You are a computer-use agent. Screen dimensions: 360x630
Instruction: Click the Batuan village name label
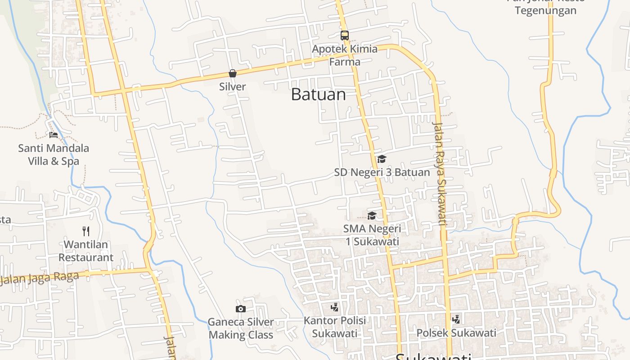(318, 94)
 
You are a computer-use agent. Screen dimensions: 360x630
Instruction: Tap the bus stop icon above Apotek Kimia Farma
(345, 35)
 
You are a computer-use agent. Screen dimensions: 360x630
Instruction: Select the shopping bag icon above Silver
(233, 73)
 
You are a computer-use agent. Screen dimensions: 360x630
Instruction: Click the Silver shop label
(233, 86)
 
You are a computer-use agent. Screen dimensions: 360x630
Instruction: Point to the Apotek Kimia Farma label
(345, 55)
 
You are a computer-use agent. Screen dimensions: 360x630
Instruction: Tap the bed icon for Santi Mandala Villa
(53, 135)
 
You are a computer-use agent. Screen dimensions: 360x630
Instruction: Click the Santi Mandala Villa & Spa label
(53, 154)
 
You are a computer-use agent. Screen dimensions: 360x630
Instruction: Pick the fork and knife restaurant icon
(86, 231)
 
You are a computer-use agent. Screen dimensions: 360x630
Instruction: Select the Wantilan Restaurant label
(86, 251)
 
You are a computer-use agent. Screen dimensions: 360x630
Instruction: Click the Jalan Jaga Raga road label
(40, 277)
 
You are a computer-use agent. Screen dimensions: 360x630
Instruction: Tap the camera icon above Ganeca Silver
(241, 309)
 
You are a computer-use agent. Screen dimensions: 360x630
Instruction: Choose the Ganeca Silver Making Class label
(241, 328)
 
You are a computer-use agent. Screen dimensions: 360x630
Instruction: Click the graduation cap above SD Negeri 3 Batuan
(382, 159)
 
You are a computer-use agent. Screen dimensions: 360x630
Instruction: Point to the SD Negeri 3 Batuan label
(382, 172)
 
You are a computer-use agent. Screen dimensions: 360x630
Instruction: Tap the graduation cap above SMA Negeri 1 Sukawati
(372, 216)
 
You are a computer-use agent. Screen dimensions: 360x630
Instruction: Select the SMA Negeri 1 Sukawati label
(372, 235)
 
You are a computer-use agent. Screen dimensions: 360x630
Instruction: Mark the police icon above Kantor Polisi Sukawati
(334, 307)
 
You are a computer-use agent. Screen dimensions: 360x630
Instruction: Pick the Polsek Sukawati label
(456, 333)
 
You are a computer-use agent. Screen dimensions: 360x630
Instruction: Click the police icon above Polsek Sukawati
(456, 319)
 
